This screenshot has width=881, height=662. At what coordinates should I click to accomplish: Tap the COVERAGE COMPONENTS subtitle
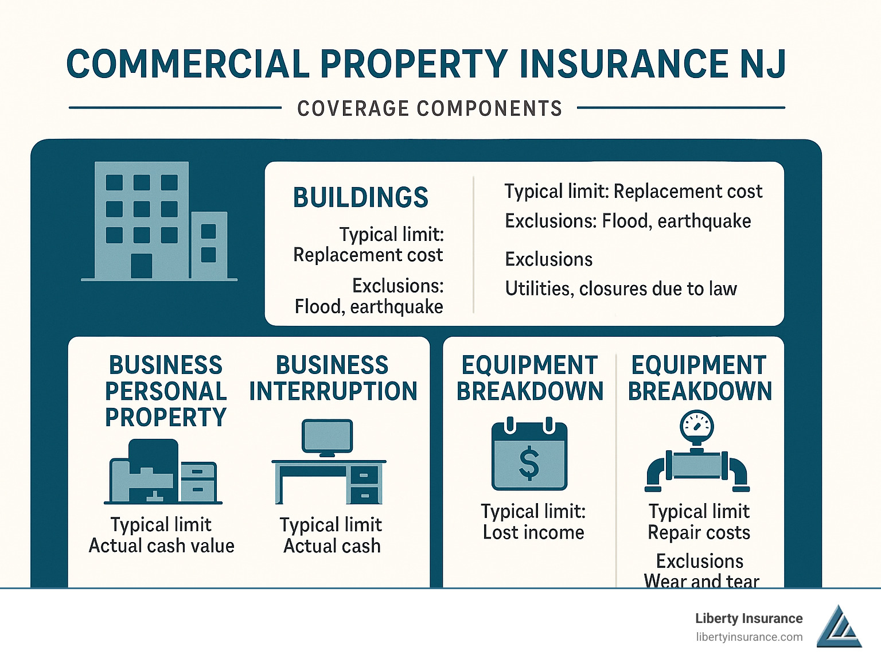click(430, 108)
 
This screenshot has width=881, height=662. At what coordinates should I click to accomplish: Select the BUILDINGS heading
click(360, 197)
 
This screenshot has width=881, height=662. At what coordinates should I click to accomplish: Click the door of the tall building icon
click(141, 266)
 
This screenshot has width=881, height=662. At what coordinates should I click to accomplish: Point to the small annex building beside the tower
click(209, 245)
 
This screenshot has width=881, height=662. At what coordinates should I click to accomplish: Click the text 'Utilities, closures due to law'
click(621, 289)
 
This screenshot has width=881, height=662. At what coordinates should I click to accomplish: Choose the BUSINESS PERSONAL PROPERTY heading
click(166, 391)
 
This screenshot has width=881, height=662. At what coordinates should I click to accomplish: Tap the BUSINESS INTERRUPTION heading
click(333, 378)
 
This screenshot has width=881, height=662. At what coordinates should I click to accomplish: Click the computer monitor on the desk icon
click(327, 438)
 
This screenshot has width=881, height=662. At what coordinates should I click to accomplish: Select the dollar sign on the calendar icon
click(529, 463)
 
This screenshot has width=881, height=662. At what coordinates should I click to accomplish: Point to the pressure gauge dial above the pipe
click(697, 427)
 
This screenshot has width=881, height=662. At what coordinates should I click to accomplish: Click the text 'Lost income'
click(533, 532)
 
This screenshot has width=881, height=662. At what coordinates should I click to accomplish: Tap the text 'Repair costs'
click(699, 532)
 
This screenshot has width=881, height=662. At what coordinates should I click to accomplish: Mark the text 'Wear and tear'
click(701, 581)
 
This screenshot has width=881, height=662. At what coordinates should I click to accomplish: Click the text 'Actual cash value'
click(161, 546)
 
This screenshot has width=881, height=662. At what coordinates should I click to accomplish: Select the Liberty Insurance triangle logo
click(839, 626)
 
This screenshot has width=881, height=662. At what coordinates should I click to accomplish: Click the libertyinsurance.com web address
click(749, 637)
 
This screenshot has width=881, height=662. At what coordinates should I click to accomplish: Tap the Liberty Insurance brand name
click(749, 618)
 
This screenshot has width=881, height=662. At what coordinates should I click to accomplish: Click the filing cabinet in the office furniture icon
click(198, 482)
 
